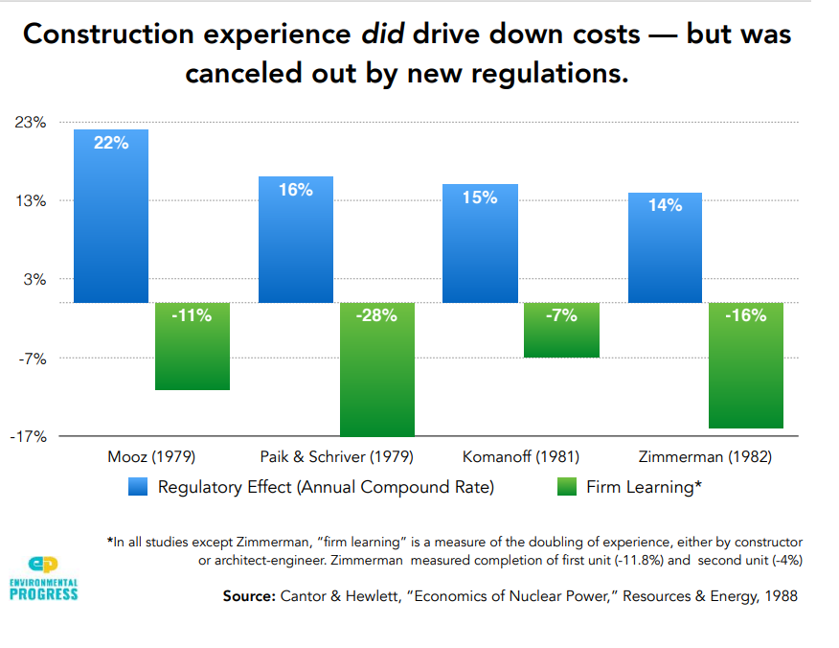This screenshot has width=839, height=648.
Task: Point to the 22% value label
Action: click(111, 143)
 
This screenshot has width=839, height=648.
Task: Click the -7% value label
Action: click(561, 315)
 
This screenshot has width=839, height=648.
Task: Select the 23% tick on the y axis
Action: click(30, 123)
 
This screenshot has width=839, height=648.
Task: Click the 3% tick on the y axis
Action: click(34, 280)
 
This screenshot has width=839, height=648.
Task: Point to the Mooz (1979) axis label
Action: click(150, 455)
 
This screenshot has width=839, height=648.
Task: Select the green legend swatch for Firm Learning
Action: click(566, 487)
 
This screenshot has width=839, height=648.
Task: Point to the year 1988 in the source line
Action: click(779, 596)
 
